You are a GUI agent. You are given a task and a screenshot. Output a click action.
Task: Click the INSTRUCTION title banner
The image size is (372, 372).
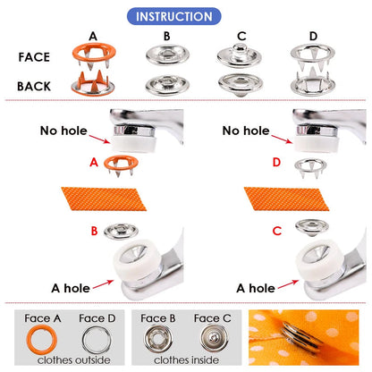tap(186, 16)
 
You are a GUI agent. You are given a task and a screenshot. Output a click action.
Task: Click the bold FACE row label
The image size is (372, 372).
tap(40, 55)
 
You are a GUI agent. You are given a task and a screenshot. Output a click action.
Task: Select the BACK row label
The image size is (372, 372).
tap(40, 86)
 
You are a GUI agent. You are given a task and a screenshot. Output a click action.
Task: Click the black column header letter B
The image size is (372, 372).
tap(165, 36)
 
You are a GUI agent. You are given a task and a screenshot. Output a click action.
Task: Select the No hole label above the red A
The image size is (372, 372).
tap(63, 131)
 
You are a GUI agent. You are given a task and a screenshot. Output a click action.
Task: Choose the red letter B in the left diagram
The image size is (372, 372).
tap(93, 231)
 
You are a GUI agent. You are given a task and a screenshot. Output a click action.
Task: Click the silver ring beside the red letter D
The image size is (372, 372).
tap(308, 164)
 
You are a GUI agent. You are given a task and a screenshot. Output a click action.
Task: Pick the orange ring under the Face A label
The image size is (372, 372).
tap(41, 339)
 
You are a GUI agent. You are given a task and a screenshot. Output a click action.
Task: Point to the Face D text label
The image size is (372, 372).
tap(96, 317)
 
